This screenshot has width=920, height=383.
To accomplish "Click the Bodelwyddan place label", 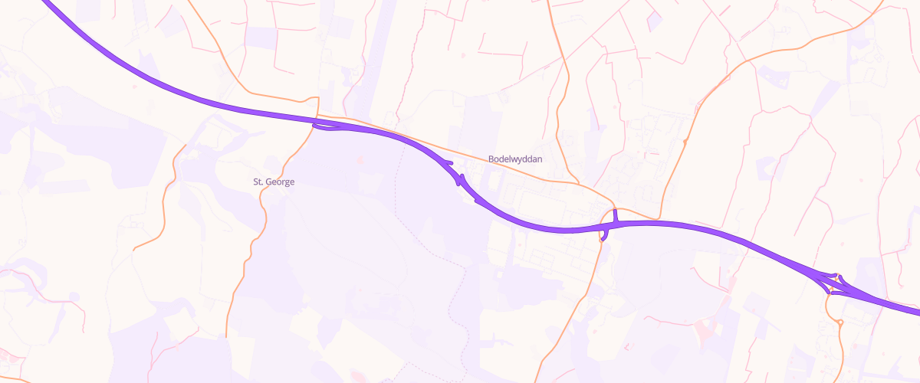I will (515, 159).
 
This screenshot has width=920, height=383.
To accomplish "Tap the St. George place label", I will (274, 182).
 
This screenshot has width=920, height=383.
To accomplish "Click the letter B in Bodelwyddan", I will (491, 159).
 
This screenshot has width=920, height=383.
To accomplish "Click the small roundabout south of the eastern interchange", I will (841, 323).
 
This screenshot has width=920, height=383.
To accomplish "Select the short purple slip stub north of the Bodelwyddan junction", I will (615, 215).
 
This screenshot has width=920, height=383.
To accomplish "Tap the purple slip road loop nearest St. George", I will (326, 128).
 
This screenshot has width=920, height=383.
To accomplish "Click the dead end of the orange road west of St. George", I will (134, 250).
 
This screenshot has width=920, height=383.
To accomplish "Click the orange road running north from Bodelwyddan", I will (563, 92).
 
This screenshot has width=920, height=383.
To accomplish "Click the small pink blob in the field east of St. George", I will (360, 159).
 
